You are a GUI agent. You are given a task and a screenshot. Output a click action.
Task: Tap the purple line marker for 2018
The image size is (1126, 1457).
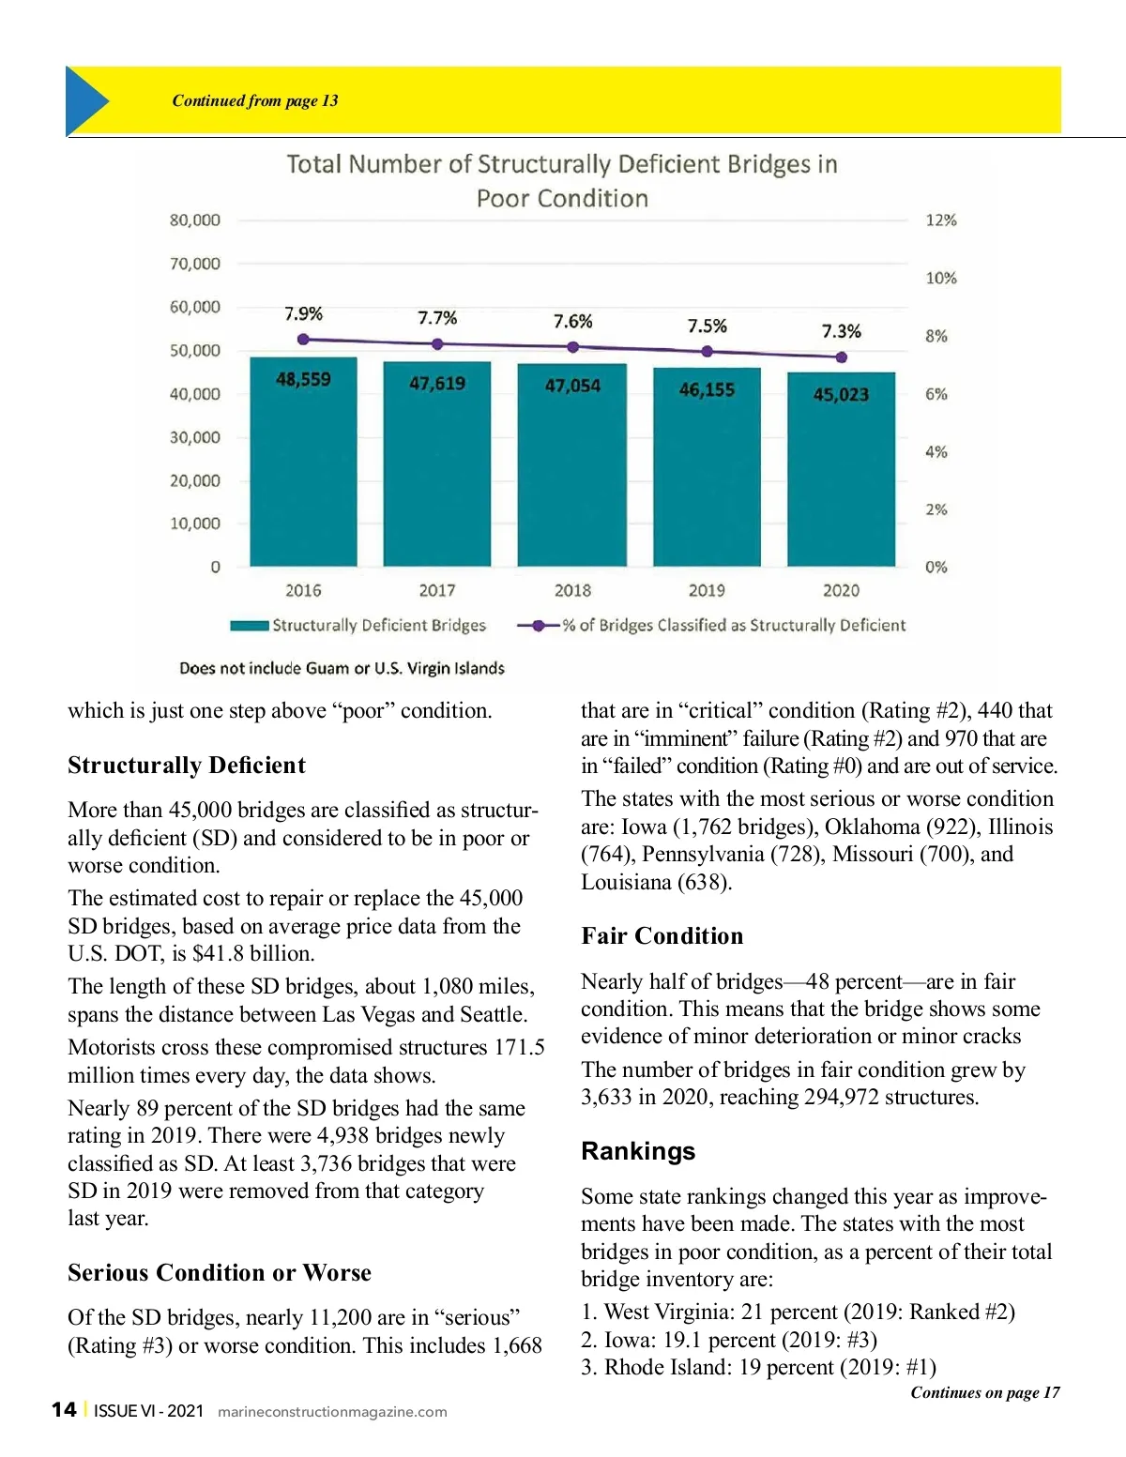pyautogui.click(x=572, y=347)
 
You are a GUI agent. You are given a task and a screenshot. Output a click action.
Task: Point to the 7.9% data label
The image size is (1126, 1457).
pyautogui.click(x=303, y=313)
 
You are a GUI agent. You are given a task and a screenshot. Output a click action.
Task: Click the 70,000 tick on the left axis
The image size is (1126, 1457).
pyautogui.click(x=194, y=264)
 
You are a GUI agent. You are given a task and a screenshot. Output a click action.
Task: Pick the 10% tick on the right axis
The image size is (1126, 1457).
pyautogui.click(x=940, y=278)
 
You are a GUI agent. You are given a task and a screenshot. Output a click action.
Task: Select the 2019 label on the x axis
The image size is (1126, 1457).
pyautogui.click(x=707, y=590)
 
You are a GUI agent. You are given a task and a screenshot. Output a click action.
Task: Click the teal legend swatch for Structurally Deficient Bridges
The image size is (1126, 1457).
pyautogui.click(x=250, y=626)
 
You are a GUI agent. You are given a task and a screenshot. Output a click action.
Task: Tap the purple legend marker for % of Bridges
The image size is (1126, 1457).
pyautogui.click(x=539, y=626)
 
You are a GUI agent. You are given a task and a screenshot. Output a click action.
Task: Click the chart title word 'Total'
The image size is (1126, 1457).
pyautogui.click(x=315, y=164)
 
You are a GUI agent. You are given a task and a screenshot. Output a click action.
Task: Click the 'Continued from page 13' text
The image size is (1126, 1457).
pyautogui.click(x=255, y=100)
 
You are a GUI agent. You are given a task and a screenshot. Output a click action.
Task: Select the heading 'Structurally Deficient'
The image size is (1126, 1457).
pyautogui.click(x=187, y=766)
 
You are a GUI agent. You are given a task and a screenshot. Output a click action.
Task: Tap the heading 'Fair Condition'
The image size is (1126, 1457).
pyautogui.click(x=662, y=935)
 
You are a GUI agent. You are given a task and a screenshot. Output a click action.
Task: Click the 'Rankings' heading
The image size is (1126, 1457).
pyautogui.click(x=638, y=1151)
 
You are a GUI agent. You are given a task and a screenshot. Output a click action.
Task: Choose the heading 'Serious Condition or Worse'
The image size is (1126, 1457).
pyautogui.click(x=220, y=1272)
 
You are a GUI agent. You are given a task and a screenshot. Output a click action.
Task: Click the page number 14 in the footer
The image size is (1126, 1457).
pyautogui.click(x=64, y=1410)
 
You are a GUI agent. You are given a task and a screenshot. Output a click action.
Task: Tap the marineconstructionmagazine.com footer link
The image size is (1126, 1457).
pyautogui.click(x=332, y=1412)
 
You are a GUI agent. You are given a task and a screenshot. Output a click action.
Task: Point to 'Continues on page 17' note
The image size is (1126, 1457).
pyautogui.click(x=985, y=1392)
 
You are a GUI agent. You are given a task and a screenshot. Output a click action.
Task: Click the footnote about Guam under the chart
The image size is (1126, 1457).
pyautogui.click(x=342, y=668)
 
